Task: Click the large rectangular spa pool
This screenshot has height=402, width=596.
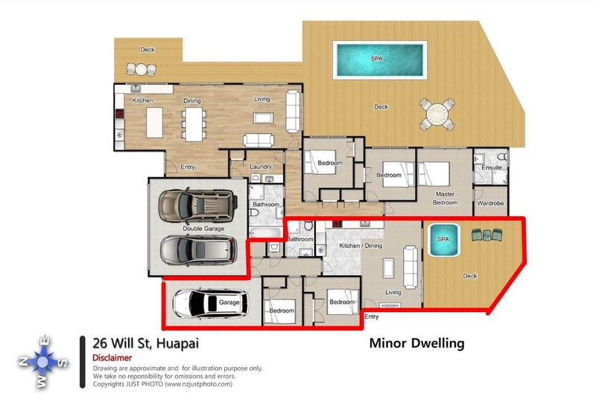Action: click(x=379, y=60)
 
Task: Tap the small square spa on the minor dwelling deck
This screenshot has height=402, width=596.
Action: click(x=443, y=240)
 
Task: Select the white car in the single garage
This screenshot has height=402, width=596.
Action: click(x=210, y=303)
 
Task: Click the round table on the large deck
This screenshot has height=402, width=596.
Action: click(x=437, y=114)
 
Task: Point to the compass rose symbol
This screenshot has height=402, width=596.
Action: click(x=42, y=362)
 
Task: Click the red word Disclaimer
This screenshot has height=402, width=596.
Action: click(x=112, y=358)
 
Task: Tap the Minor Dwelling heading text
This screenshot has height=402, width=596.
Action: click(x=416, y=343)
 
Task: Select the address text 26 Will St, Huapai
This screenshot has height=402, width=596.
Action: click(x=145, y=343)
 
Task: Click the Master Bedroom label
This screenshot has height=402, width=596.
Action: click(x=445, y=198)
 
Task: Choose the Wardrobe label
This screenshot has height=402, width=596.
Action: click(x=490, y=203)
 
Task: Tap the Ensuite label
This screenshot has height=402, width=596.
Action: click(x=492, y=167)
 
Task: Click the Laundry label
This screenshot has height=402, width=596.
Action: click(x=261, y=167)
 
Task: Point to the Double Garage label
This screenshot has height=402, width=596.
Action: click(x=203, y=229)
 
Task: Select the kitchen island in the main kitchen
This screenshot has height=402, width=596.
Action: click(x=154, y=122)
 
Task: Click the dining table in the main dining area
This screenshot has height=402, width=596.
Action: click(x=194, y=124)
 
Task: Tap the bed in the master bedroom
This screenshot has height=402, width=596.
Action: click(x=434, y=174)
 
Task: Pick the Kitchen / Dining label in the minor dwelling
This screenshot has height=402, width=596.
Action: click(x=361, y=246)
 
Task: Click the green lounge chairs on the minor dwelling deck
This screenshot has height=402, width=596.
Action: click(x=486, y=234)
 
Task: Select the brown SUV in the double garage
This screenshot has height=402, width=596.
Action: click(x=197, y=205)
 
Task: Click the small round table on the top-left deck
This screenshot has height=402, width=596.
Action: click(x=141, y=69)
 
